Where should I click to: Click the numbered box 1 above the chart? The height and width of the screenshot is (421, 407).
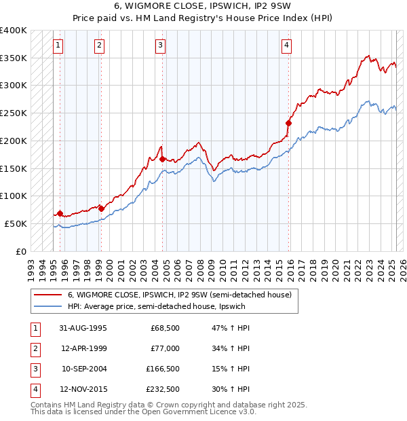(58, 45)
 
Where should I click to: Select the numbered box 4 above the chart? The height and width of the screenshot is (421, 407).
(287, 45)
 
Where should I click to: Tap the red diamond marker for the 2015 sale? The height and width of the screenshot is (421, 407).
(289, 124)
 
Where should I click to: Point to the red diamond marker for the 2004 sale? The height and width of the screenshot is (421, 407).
(162, 160)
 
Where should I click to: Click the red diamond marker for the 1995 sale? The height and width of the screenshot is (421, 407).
(60, 213)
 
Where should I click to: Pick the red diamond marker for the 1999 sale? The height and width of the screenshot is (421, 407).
(101, 208)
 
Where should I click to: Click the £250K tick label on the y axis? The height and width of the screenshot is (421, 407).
(14, 113)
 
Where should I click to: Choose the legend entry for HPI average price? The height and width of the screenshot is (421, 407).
(157, 307)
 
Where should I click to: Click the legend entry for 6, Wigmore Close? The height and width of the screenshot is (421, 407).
(180, 295)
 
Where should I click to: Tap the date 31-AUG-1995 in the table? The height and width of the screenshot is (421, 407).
(83, 328)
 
